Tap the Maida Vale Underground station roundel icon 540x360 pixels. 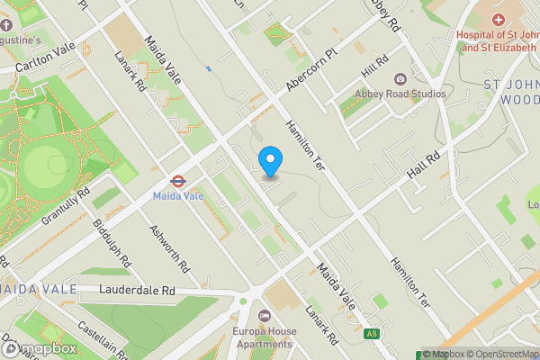(177, 178)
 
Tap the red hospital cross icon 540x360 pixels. (499, 19)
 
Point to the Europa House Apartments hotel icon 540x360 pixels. (264, 316)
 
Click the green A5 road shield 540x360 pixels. (372, 334)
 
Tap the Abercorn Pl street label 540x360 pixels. (310, 69)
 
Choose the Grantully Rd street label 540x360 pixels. (72, 203)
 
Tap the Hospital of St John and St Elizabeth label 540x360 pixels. (497, 41)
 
